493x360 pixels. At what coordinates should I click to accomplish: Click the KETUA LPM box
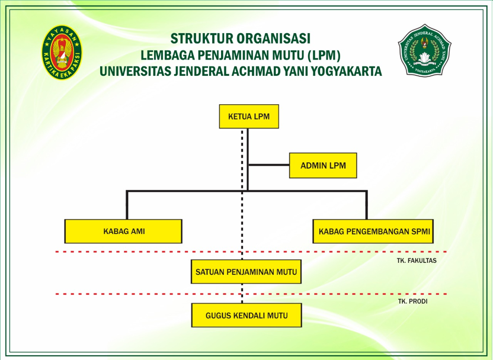[x=248, y=117]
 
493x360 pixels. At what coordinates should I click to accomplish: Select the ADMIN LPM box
[x=323, y=165]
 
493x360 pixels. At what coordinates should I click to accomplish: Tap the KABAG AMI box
[x=123, y=232]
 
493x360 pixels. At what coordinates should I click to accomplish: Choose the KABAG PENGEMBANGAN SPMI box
[x=373, y=232]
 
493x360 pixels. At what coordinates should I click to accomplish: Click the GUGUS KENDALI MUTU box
[x=246, y=315]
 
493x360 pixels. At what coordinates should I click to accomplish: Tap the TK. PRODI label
[x=412, y=301]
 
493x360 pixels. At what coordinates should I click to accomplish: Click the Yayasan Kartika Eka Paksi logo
[x=62, y=53]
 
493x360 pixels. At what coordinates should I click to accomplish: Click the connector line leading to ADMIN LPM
[x=268, y=165]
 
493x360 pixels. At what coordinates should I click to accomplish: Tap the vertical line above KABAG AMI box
[x=127, y=205]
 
